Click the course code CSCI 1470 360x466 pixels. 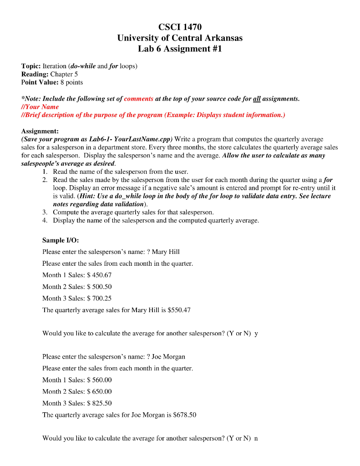[x=180, y=27]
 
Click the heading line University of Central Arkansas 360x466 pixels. [x=180, y=38]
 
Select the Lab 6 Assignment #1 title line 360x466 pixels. [x=180, y=49]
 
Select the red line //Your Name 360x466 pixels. [x=40, y=106]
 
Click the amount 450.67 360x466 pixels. [x=101, y=275]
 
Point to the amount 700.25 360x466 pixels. [x=101, y=299]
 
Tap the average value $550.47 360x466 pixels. [x=179, y=310]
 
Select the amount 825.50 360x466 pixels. [x=101, y=403]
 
